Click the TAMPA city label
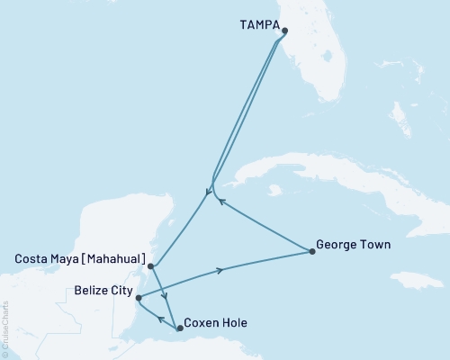point(260,25)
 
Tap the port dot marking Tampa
point(285,31)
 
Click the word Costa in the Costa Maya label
point(33,258)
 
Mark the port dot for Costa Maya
point(151,266)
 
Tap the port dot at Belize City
point(138,297)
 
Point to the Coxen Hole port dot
point(180,328)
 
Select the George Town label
point(354,243)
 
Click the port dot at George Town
point(312,252)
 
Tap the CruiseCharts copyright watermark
point(5,329)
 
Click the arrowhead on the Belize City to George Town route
point(219,270)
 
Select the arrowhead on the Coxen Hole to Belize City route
point(159,318)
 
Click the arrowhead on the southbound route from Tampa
point(208,192)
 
